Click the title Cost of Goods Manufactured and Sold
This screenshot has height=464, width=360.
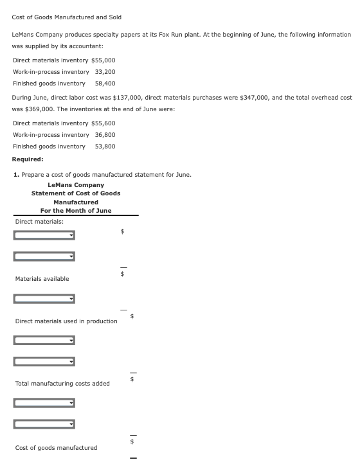click(x=66, y=17)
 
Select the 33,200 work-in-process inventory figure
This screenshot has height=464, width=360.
click(x=105, y=71)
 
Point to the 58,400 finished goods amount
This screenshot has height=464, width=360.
click(x=105, y=83)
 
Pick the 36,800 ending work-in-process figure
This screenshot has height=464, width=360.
click(x=105, y=134)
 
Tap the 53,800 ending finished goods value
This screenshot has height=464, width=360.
click(x=105, y=146)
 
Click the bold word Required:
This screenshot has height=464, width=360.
click(x=28, y=159)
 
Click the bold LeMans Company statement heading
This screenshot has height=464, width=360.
click(x=75, y=185)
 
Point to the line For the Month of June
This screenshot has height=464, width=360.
click(x=75, y=210)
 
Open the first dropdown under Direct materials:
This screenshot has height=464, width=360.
click(x=44, y=235)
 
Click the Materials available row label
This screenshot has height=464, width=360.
click(x=42, y=278)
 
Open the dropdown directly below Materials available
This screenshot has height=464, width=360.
click(x=44, y=299)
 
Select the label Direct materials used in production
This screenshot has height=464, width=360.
click(x=66, y=321)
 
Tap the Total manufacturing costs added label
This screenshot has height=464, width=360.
click(x=62, y=383)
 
